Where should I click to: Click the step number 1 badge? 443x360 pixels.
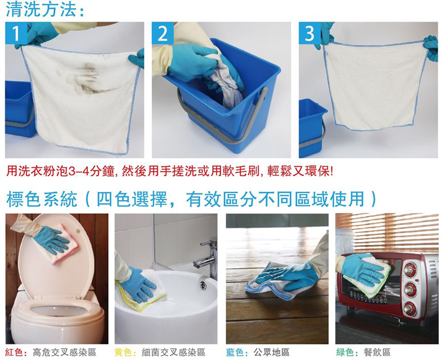(x=16, y=33)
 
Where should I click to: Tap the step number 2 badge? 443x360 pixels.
(x=163, y=33)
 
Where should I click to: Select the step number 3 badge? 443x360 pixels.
(x=310, y=33)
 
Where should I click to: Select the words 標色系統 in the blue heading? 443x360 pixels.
(x=41, y=199)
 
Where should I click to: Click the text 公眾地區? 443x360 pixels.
(x=272, y=352)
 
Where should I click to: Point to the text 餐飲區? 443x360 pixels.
(x=377, y=352)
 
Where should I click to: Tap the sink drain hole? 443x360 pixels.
(x=203, y=286)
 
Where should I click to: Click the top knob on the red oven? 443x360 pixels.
(x=410, y=270)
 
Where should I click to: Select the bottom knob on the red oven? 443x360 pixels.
(x=409, y=309)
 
